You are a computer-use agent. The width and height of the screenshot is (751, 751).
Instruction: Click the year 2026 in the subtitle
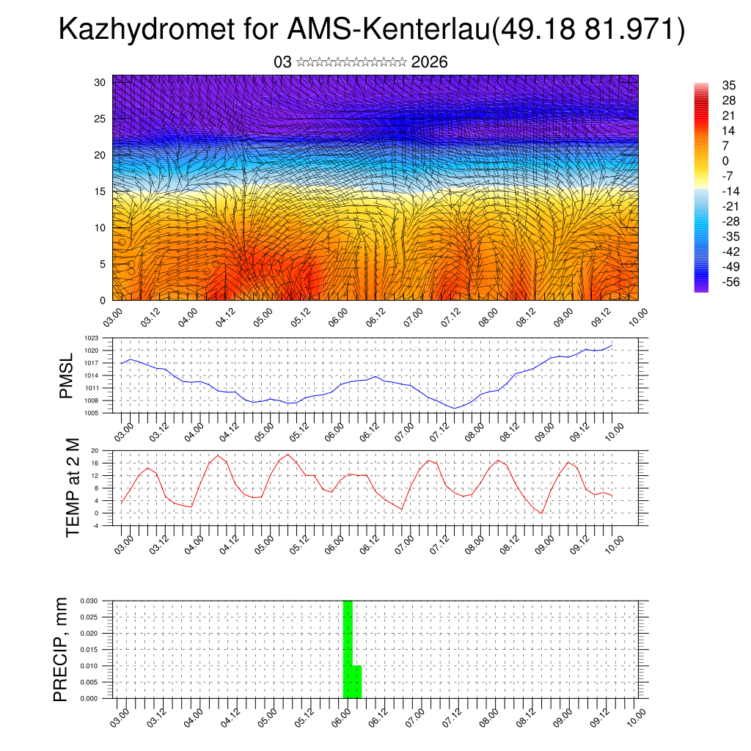[x=430, y=62]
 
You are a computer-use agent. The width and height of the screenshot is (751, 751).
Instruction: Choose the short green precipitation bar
[x=357, y=682]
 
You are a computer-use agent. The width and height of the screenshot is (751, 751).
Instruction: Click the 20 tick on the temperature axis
[x=95, y=450]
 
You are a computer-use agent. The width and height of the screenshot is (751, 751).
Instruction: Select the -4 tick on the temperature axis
[x=95, y=525]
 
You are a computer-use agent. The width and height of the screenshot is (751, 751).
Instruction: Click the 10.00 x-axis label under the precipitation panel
[x=637, y=715]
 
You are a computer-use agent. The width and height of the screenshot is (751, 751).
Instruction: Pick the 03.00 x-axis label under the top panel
[x=114, y=317]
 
